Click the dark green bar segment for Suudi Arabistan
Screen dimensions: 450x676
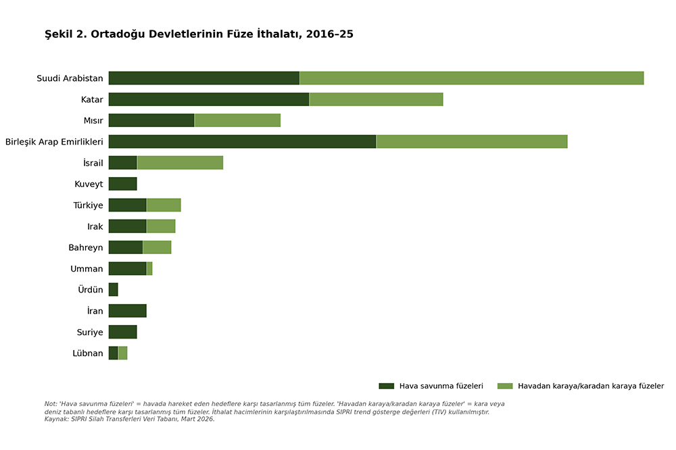pos(203,78)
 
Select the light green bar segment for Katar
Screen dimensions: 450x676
pos(376,99)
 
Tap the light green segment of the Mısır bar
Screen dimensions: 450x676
pos(237,120)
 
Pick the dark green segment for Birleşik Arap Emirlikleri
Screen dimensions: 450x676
pos(242,141)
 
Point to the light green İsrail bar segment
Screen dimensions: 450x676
pos(180,163)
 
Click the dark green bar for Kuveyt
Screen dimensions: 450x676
pos(122,184)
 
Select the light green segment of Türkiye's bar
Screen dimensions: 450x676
pos(164,205)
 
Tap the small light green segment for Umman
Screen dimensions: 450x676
pos(149,268)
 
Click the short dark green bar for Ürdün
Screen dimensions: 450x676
pos(113,289)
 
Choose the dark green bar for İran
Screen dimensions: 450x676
pos(127,311)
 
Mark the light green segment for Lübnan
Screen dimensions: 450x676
pos(122,353)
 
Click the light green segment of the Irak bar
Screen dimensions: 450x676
pos(161,226)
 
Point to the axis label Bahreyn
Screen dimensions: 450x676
pos(86,247)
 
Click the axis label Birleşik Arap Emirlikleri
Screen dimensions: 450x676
pos(54,142)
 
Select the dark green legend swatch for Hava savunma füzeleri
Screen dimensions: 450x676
pos(386,386)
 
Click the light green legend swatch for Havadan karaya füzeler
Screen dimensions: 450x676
pos(504,386)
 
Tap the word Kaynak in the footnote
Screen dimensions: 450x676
pos(56,419)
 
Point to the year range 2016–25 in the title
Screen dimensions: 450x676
pos(329,34)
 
